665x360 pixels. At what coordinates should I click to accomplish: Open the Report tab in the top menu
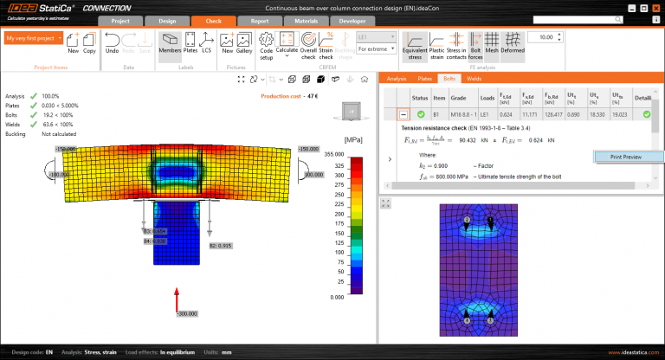tap(259, 21)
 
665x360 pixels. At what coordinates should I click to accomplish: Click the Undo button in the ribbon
tap(113, 43)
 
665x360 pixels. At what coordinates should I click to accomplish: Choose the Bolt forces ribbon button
tap(475, 44)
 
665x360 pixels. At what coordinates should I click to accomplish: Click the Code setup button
tap(267, 44)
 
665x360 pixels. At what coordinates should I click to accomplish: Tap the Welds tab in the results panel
tap(474, 78)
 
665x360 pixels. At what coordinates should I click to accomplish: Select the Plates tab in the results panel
tap(425, 78)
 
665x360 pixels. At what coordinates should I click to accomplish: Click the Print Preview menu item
tap(627, 157)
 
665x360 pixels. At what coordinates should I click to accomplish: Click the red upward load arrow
tap(177, 298)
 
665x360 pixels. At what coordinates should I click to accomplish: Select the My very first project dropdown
tap(34, 38)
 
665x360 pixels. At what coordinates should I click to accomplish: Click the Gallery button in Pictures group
tap(244, 44)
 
